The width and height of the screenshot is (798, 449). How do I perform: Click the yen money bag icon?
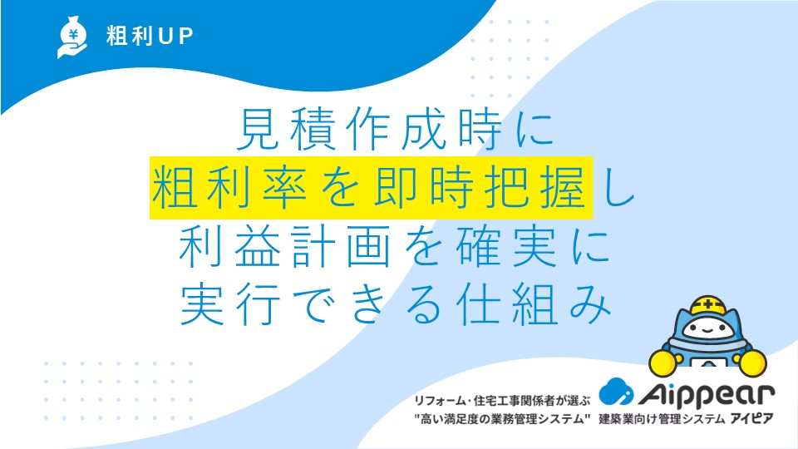[x=71, y=37]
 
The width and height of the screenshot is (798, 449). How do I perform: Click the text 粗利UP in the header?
[x=150, y=36]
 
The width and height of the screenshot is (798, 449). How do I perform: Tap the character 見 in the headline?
[x=259, y=130]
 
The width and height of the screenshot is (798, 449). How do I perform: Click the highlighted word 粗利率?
[x=229, y=188]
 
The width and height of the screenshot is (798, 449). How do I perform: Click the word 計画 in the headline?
[x=341, y=248]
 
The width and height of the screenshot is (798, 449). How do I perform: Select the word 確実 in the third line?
[x=506, y=248]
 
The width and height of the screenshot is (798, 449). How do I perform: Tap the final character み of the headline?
[x=590, y=305]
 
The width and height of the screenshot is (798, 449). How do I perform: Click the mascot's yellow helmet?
[x=707, y=305]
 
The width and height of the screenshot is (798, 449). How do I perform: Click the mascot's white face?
[x=707, y=328]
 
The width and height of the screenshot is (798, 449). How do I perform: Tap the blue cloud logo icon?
[x=616, y=392]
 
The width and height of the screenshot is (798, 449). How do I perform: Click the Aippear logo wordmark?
[x=707, y=395]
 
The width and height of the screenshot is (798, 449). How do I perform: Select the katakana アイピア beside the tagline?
[x=752, y=419]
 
